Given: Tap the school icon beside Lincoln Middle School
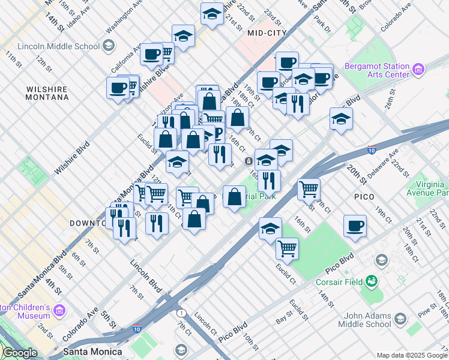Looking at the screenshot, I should (x=109, y=46).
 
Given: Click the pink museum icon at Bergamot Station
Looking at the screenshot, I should (x=419, y=71).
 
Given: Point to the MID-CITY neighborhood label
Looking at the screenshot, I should (x=267, y=34).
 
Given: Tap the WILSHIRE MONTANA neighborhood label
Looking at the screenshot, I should (x=47, y=92).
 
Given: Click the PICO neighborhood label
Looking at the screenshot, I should (x=364, y=197).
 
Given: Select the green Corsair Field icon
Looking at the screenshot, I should (x=372, y=280).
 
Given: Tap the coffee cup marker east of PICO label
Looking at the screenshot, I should (x=355, y=226).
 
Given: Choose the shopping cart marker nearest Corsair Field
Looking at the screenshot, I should (x=288, y=247).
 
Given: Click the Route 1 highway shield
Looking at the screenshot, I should (x=181, y=313).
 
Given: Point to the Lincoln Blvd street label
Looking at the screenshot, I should (x=146, y=277).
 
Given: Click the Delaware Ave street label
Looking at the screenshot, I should (x=380, y=168).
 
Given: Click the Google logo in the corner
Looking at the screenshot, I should (x=20, y=353).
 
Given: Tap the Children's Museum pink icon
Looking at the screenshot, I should (x=59, y=310).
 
